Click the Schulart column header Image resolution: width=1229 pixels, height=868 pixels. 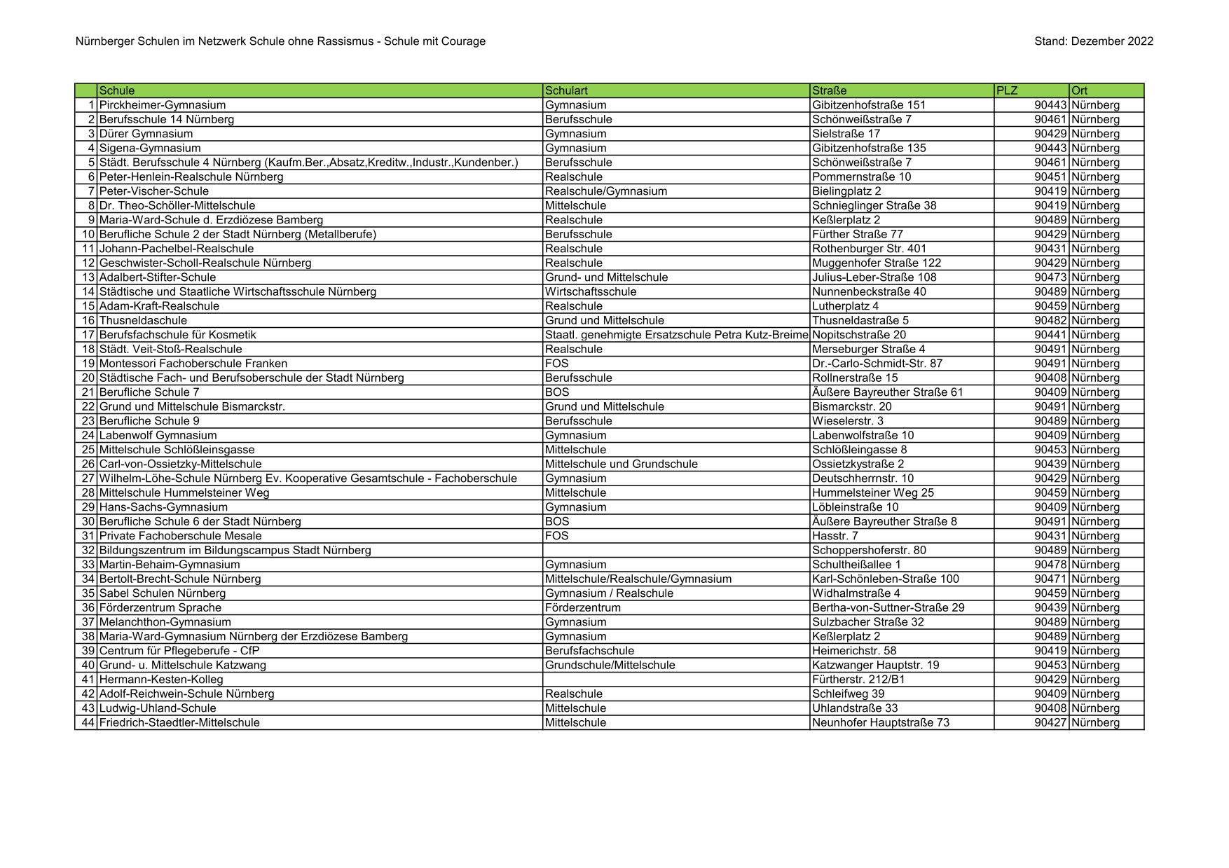566,90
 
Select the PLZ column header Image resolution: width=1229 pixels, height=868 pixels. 1007,90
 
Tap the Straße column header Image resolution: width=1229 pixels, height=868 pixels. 830,90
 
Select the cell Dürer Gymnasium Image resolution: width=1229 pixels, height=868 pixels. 146,134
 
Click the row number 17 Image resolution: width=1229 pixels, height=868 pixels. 88,335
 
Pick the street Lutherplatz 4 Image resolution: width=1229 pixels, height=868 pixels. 845,306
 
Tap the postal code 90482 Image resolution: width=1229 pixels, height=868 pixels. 1050,320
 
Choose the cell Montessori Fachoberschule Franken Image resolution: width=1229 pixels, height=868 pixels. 193,364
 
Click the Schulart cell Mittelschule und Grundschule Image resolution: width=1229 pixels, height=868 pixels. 621,464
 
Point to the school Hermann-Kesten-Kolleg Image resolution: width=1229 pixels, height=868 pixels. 161,680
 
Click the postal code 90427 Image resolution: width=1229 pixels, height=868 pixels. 1050,722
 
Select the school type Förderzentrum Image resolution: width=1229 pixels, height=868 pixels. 583,607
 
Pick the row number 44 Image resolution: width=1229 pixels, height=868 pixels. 88,722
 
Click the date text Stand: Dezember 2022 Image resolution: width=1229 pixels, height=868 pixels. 1093,41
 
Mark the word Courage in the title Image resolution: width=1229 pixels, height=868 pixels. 463,41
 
